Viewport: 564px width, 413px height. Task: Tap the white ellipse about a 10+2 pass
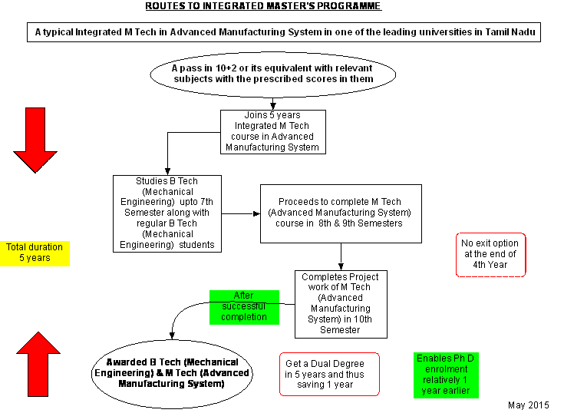(273, 74)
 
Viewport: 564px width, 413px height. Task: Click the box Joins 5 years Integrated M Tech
(272, 131)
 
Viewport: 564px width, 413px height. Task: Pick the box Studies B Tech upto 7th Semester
(167, 213)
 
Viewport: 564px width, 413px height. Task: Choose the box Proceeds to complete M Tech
(340, 213)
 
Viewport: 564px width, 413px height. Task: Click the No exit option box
(490, 254)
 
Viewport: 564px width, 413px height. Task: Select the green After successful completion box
(244, 306)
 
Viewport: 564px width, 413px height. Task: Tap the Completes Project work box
(340, 303)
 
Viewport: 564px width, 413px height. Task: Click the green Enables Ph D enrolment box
(445, 375)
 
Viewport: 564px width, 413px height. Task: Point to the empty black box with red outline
(329, 374)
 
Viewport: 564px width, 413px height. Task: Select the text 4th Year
(490, 265)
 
